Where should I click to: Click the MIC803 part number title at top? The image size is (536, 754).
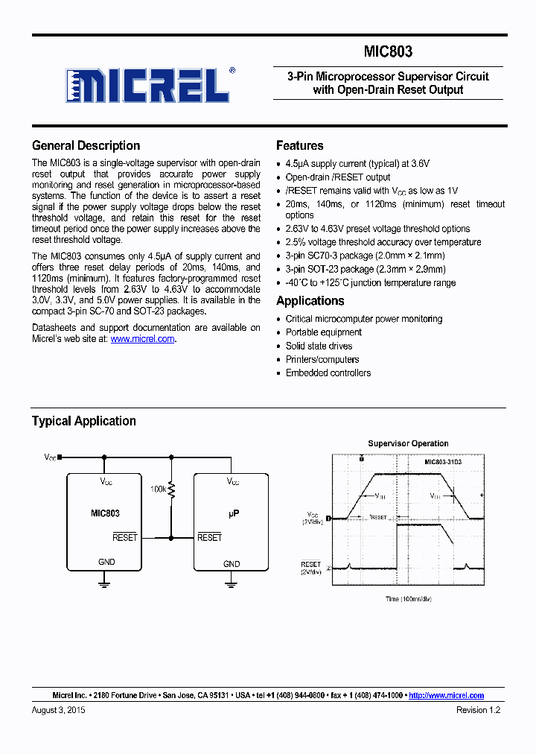tap(388, 52)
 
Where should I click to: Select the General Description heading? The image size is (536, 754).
tap(86, 146)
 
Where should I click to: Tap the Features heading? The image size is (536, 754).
tap(299, 146)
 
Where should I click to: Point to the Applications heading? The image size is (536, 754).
tap(310, 301)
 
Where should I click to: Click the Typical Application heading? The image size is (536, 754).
tap(83, 421)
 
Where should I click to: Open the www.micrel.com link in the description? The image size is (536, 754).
tap(142, 339)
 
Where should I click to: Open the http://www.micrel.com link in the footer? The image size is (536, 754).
tap(446, 695)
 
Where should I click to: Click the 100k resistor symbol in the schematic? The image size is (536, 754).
tap(172, 490)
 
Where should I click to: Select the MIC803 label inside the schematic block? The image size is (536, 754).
tap(104, 513)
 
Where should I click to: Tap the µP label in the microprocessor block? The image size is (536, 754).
tap(232, 514)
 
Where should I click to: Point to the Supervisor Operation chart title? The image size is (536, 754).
tap(408, 443)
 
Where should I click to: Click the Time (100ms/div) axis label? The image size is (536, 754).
tap(409, 598)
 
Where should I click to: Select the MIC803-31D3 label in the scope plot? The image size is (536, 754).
tap(443, 463)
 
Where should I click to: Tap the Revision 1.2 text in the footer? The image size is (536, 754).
tap(478, 711)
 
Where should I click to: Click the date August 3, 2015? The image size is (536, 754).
tap(59, 711)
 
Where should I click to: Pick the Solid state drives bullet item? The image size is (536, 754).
tap(319, 346)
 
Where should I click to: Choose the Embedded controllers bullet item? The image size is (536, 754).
tap(328, 373)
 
